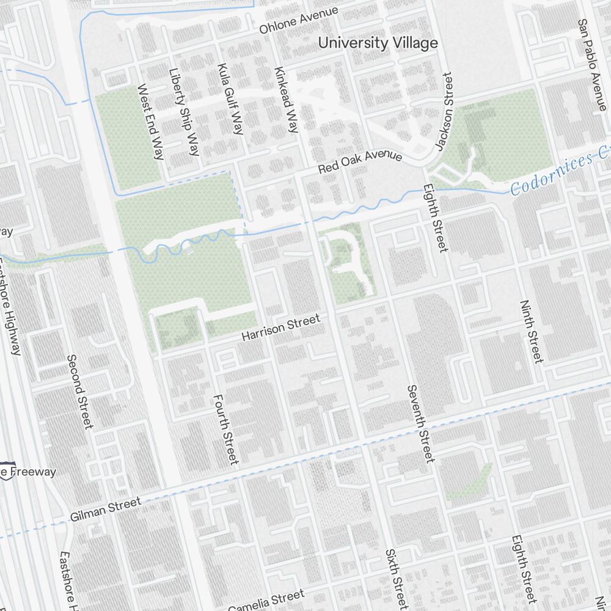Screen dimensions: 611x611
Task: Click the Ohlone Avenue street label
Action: pyautogui.click(x=298, y=21)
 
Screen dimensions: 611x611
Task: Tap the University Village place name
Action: pyautogui.click(x=378, y=43)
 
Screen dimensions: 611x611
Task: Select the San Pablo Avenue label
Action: pyautogui.click(x=591, y=64)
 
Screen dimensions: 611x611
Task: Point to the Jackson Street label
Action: pyautogui.click(x=444, y=112)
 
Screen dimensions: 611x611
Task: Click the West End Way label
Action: pyautogui.click(x=150, y=122)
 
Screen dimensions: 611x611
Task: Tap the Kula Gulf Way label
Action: pyautogui.click(x=230, y=98)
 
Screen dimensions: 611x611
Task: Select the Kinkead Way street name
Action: pyautogui.click(x=286, y=99)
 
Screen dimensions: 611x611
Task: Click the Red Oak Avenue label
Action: pyautogui.click(x=360, y=162)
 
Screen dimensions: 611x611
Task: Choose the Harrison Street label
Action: pyautogui.click(x=280, y=327)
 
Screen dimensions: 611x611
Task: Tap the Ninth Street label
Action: pyautogui.click(x=531, y=331)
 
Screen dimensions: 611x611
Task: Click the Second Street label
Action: pyautogui.click(x=80, y=391)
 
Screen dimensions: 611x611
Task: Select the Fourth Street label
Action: pyautogui.click(x=224, y=429)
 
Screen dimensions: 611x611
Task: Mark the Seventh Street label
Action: pyautogui.click(x=420, y=423)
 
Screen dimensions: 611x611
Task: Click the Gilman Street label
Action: pyautogui.click(x=105, y=509)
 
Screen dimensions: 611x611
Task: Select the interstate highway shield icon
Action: pyautogui.click(x=4, y=472)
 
